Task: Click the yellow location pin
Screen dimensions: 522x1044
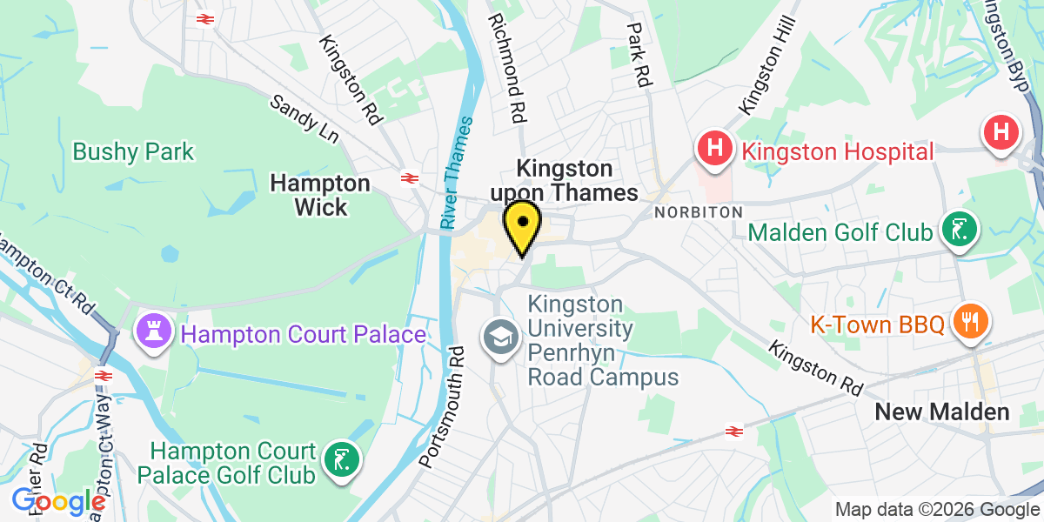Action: tap(522, 224)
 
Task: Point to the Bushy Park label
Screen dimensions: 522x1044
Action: tap(133, 152)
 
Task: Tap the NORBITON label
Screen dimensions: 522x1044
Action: tap(698, 212)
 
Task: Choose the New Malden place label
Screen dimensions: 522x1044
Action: tap(942, 412)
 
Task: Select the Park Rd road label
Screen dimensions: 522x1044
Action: tap(640, 53)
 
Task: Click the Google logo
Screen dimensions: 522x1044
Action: tap(58, 502)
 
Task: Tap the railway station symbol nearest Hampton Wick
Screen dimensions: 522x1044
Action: tap(407, 178)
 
